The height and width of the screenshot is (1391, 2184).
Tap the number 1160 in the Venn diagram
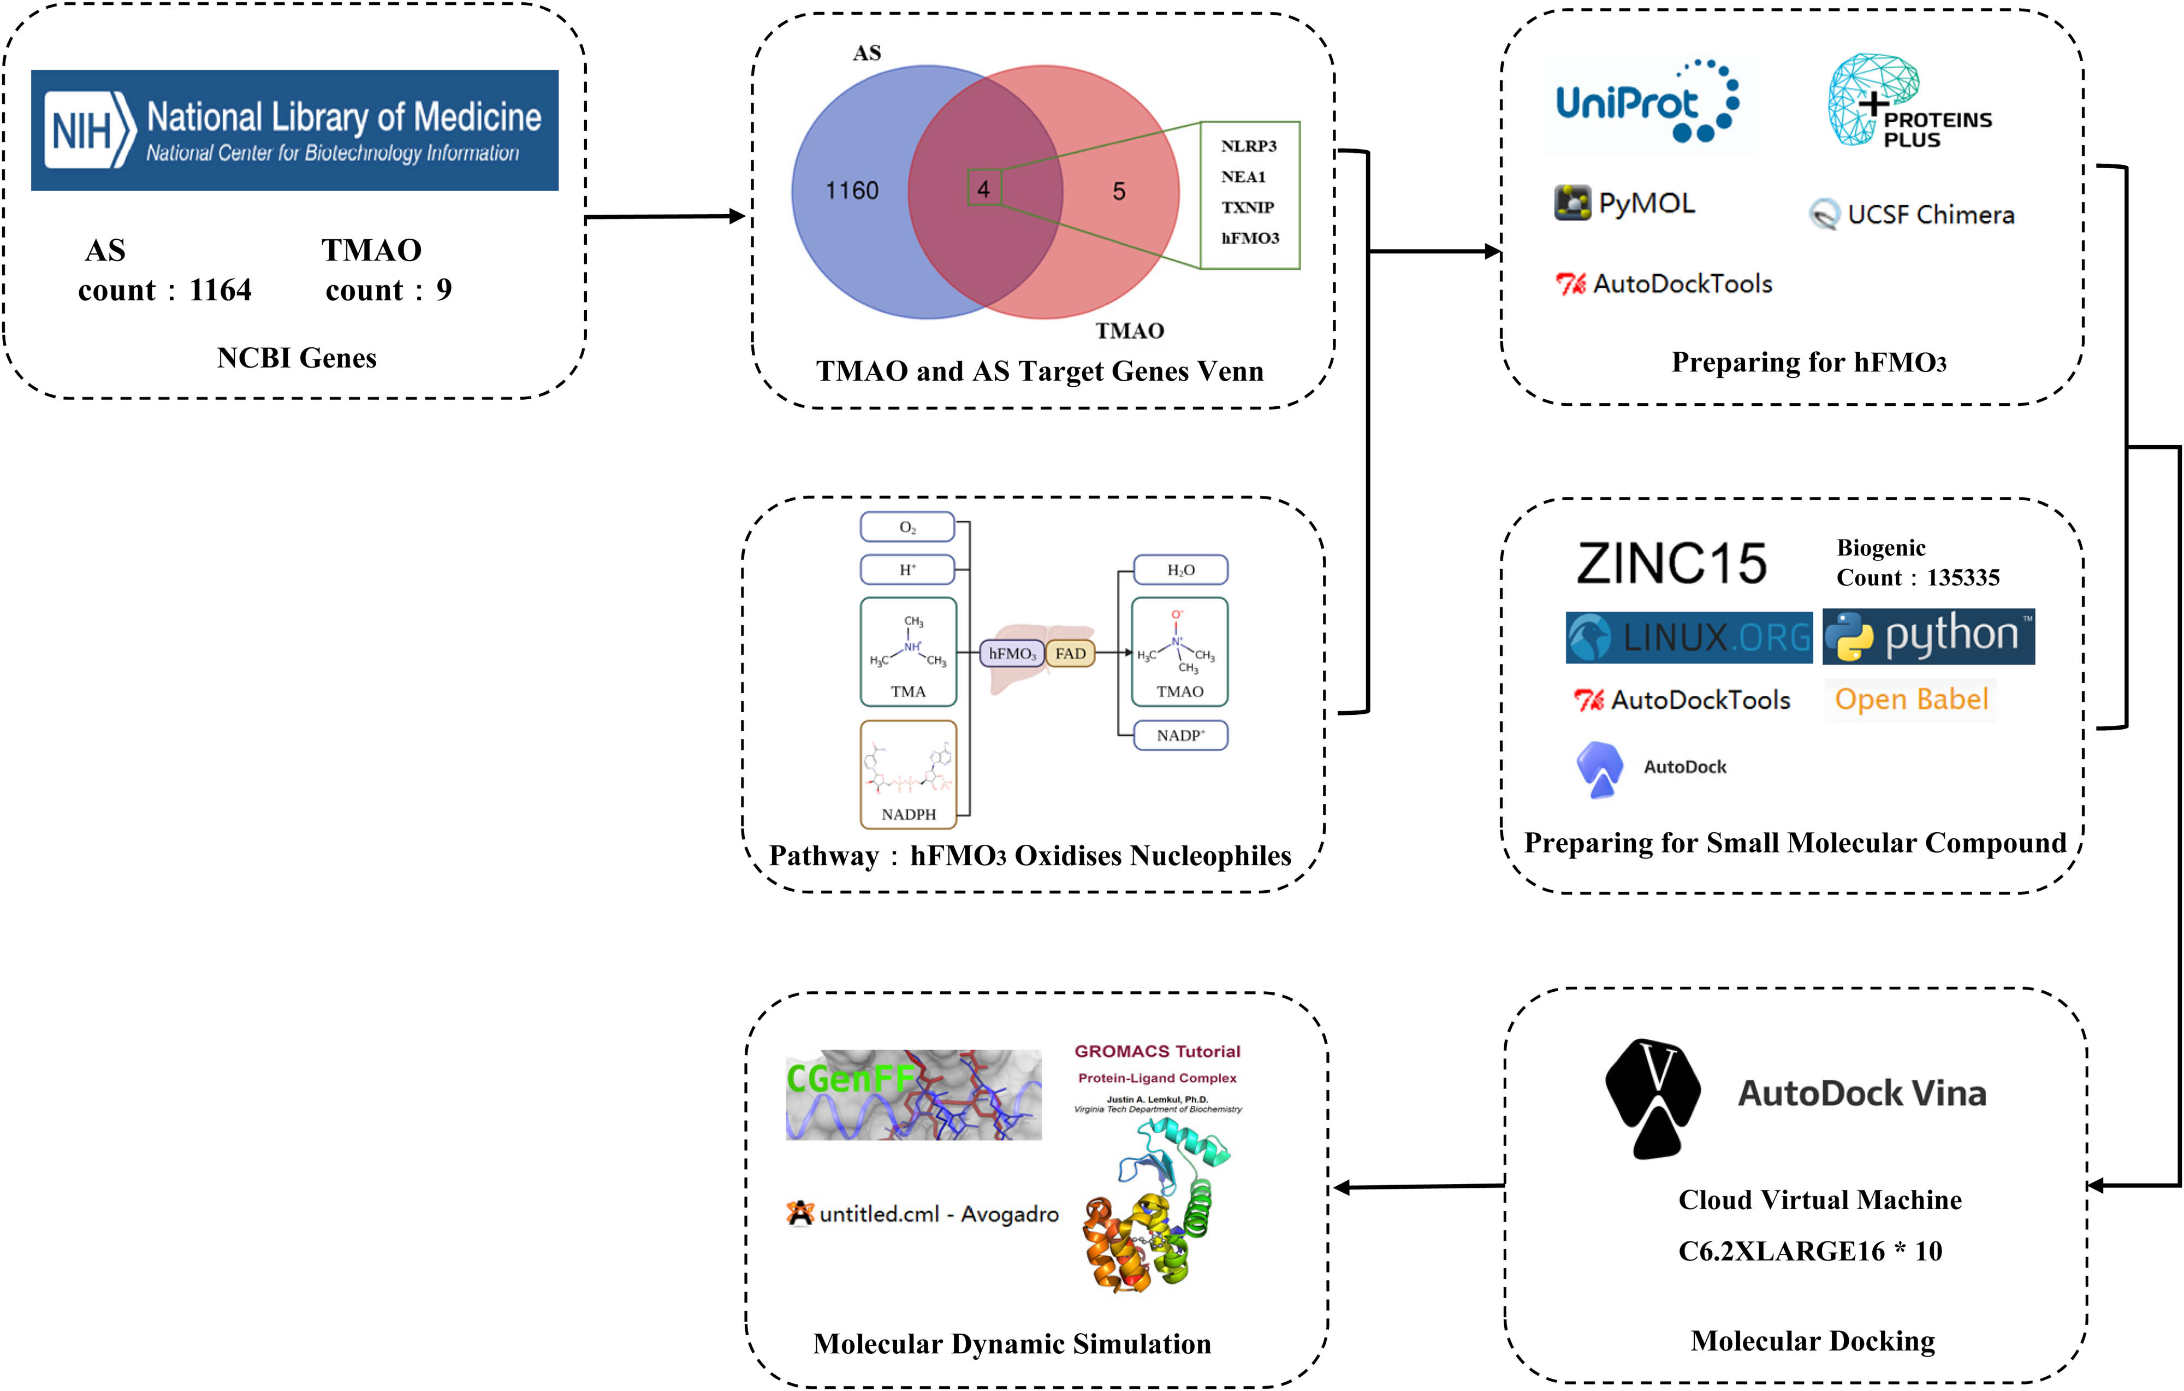852,191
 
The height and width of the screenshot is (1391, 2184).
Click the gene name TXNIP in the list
1247,207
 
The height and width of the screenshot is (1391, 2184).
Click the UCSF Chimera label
1930,215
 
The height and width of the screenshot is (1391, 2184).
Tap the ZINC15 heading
1671,564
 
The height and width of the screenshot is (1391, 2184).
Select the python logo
1928,636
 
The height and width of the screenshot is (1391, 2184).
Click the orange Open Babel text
1911,700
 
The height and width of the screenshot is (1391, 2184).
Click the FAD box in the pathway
1070,653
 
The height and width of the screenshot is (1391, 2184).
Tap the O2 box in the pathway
907,527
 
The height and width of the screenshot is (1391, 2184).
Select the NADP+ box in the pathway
1180,735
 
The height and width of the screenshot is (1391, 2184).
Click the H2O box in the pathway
1180,570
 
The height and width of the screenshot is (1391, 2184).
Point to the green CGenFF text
850,1078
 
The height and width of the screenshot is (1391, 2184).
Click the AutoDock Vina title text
1861,1093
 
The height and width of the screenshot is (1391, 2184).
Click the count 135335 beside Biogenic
1963,578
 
